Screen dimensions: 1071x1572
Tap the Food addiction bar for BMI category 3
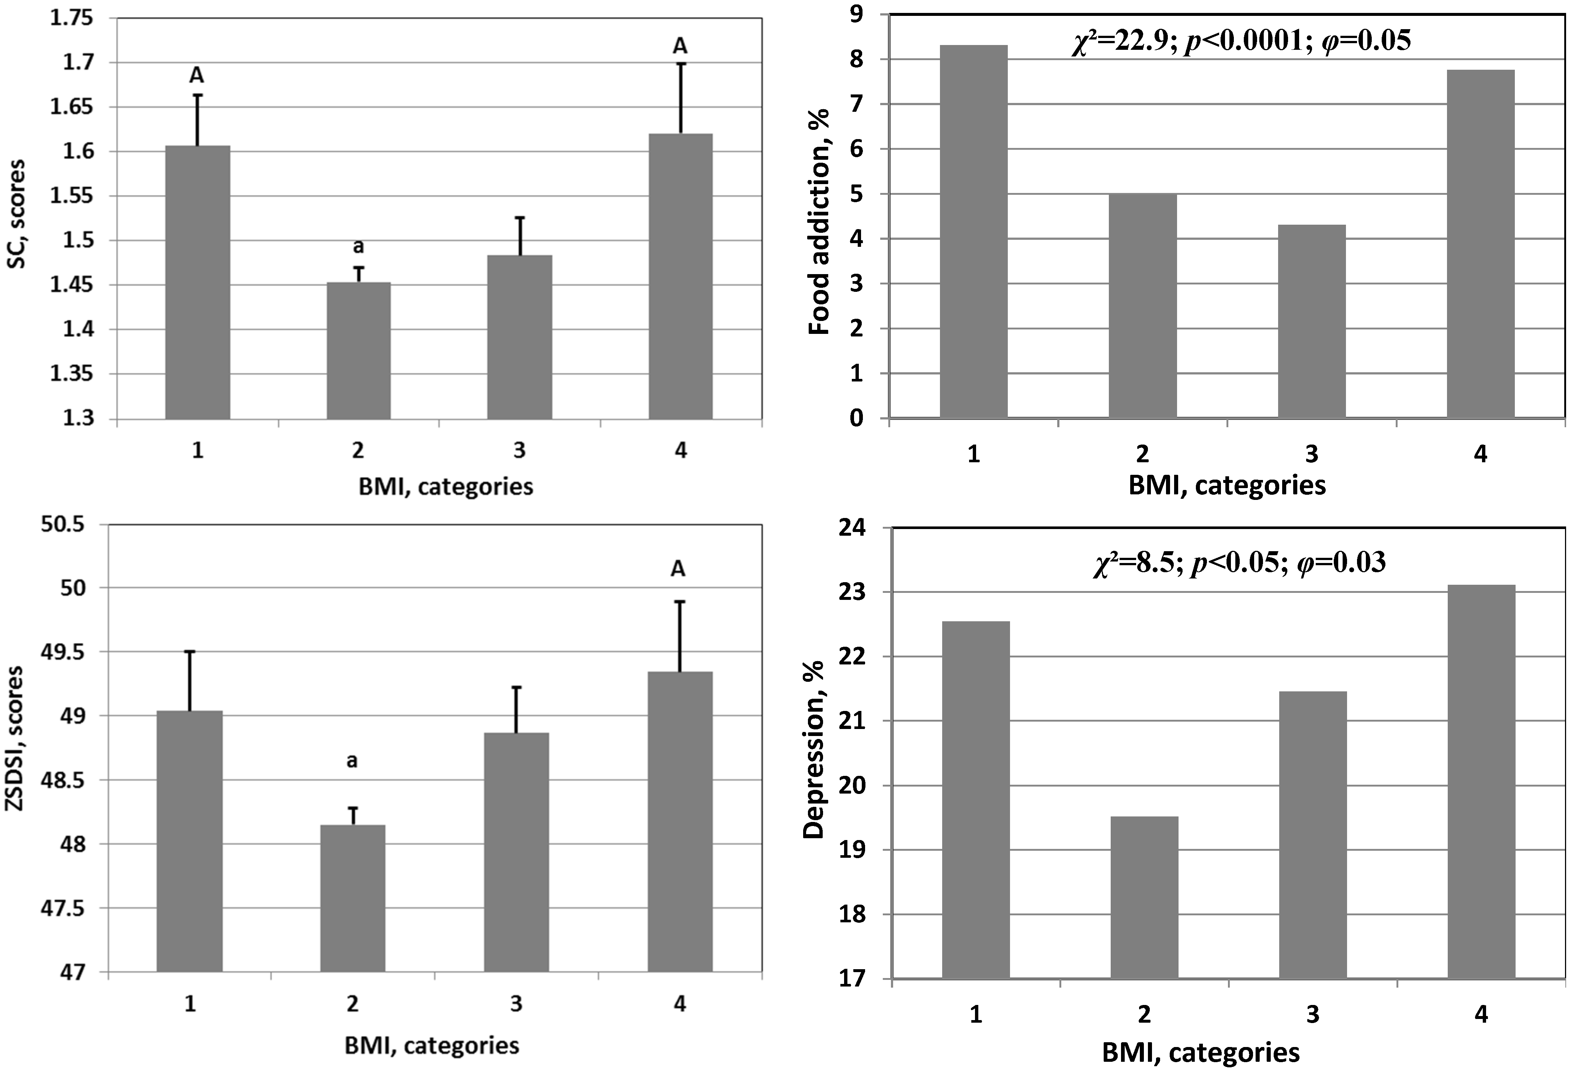click(1311, 321)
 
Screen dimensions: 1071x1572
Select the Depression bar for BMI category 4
click(1481, 781)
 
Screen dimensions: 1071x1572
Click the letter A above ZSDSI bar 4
click(678, 570)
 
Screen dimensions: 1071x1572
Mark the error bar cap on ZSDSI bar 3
click(517, 687)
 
